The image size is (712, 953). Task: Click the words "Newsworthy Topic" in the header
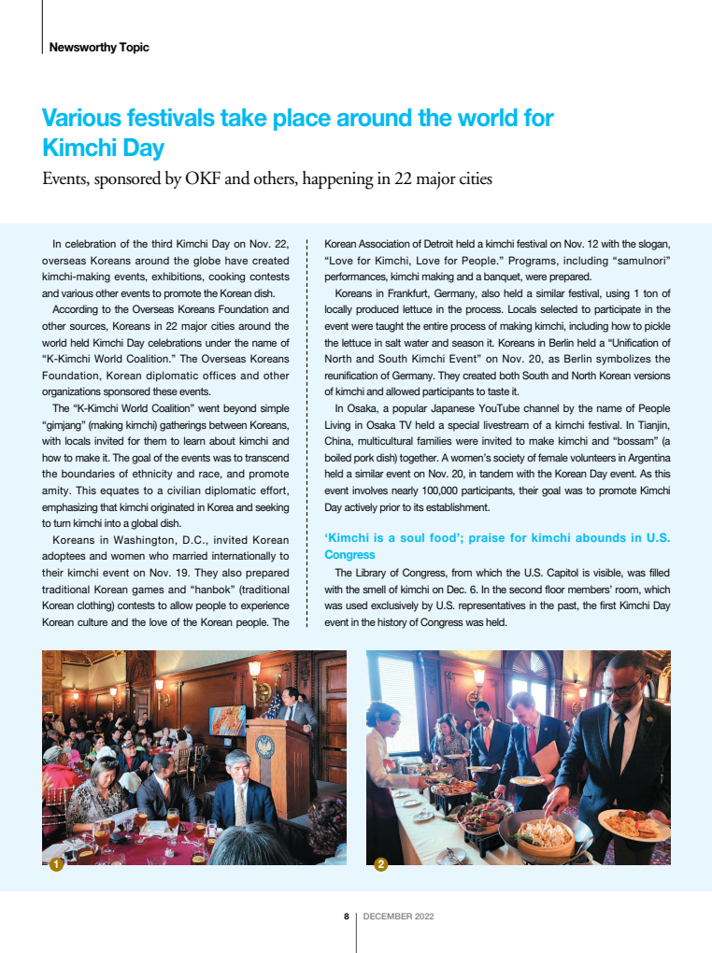point(98,47)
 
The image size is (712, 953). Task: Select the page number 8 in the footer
point(346,916)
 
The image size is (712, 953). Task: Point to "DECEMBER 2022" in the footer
point(398,916)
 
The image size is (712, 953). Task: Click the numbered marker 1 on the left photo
point(55,865)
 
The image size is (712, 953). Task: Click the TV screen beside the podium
point(228,721)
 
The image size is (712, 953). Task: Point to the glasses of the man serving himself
point(622,687)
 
